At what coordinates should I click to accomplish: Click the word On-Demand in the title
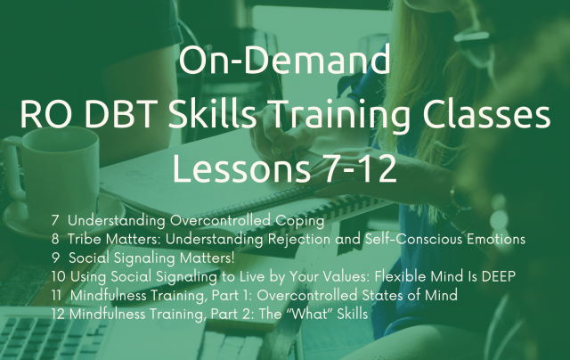[x=285, y=60]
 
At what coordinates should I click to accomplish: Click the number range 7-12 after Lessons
[x=360, y=168]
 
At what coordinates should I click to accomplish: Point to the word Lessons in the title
[x=241, y=168]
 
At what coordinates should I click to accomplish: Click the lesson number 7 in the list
[x=55, y=220]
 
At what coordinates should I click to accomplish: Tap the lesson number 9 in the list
[x=55, y=258]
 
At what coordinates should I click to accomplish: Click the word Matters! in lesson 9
[x=208, y=258]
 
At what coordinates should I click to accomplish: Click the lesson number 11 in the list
[x=56, y=295]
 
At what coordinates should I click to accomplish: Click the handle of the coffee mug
[x=13, y=168]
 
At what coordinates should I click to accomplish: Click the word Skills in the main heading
[x=213, y=115]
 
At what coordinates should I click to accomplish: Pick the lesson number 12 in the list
[x=58, y=314]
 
